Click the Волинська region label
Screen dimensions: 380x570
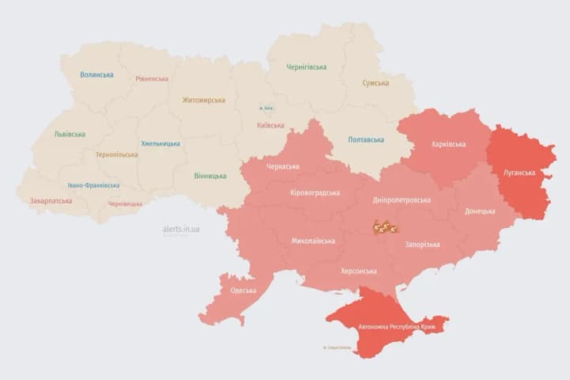pos(97,75)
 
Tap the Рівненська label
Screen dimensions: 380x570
pos(152,79)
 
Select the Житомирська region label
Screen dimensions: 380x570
pos(203,101)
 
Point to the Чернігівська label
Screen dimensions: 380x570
pos(306,67)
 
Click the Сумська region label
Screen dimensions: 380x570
pos(375,83)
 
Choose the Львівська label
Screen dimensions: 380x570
pos(70,135)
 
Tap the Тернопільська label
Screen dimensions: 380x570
pos(117,155)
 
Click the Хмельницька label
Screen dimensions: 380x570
pos(161,144)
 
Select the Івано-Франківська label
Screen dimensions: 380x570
pos(93,185)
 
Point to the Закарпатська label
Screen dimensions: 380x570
pos(51,201)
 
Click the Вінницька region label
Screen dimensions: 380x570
pos(210,176)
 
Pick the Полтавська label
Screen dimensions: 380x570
pos(366,140)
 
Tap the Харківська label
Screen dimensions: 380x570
pos(449,144)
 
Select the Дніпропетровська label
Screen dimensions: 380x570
pos(402,200)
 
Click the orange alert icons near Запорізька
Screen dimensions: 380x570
pos(385,228)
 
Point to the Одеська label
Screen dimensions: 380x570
pos(244,291)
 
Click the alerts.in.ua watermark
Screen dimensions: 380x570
pos(180,229)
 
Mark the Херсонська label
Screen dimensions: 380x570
pos(358,271)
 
